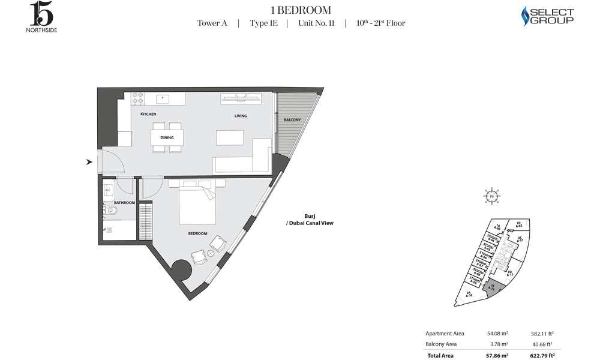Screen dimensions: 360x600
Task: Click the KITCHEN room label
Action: [148, 114]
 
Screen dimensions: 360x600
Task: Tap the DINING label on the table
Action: [167, 137]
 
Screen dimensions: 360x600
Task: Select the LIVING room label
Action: [241, 116]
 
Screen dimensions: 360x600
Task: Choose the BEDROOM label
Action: [197, 233]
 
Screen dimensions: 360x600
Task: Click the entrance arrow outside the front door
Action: [89, 161]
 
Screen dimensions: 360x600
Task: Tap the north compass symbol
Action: [491, 196]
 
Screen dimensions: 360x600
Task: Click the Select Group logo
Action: [548, 16]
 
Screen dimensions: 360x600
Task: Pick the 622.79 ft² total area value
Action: [541, 356]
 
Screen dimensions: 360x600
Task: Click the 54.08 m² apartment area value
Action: [497, 333]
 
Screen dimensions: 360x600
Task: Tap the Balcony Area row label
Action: [441, 344]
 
